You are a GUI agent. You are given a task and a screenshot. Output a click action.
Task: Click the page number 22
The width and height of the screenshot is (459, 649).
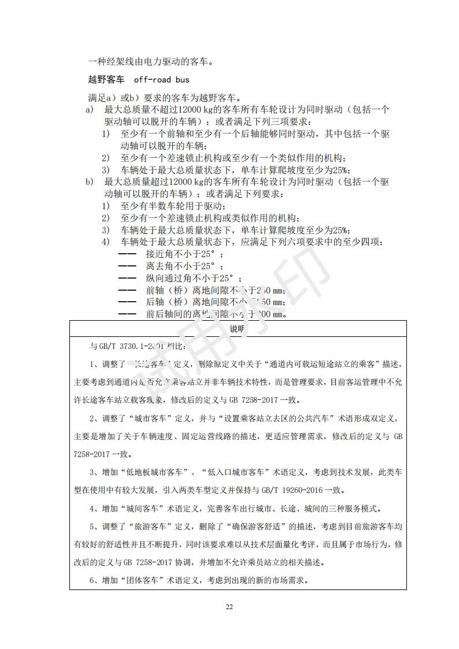coord(229,607)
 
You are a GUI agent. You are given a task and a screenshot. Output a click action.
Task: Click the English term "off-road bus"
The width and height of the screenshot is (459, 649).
coord(161,79)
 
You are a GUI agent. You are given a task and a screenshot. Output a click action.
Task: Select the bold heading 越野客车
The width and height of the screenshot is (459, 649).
coord(106,79)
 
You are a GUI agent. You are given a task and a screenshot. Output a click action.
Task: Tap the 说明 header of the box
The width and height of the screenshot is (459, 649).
coord(238,329)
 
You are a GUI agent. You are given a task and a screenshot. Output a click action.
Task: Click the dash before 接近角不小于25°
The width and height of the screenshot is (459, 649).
coord(127,254)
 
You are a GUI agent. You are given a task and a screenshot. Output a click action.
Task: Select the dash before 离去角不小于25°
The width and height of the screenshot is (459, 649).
coord(127,266)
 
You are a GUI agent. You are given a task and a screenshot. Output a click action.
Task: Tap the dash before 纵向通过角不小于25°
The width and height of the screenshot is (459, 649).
coord(127,279)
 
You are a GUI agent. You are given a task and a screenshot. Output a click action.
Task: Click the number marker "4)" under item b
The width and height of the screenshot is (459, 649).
coord(106,242)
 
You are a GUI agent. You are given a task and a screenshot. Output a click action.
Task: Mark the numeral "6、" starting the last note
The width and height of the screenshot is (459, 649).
coord(95,580)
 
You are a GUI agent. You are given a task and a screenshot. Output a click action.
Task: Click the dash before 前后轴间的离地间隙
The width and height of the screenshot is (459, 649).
coord(127,315)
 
